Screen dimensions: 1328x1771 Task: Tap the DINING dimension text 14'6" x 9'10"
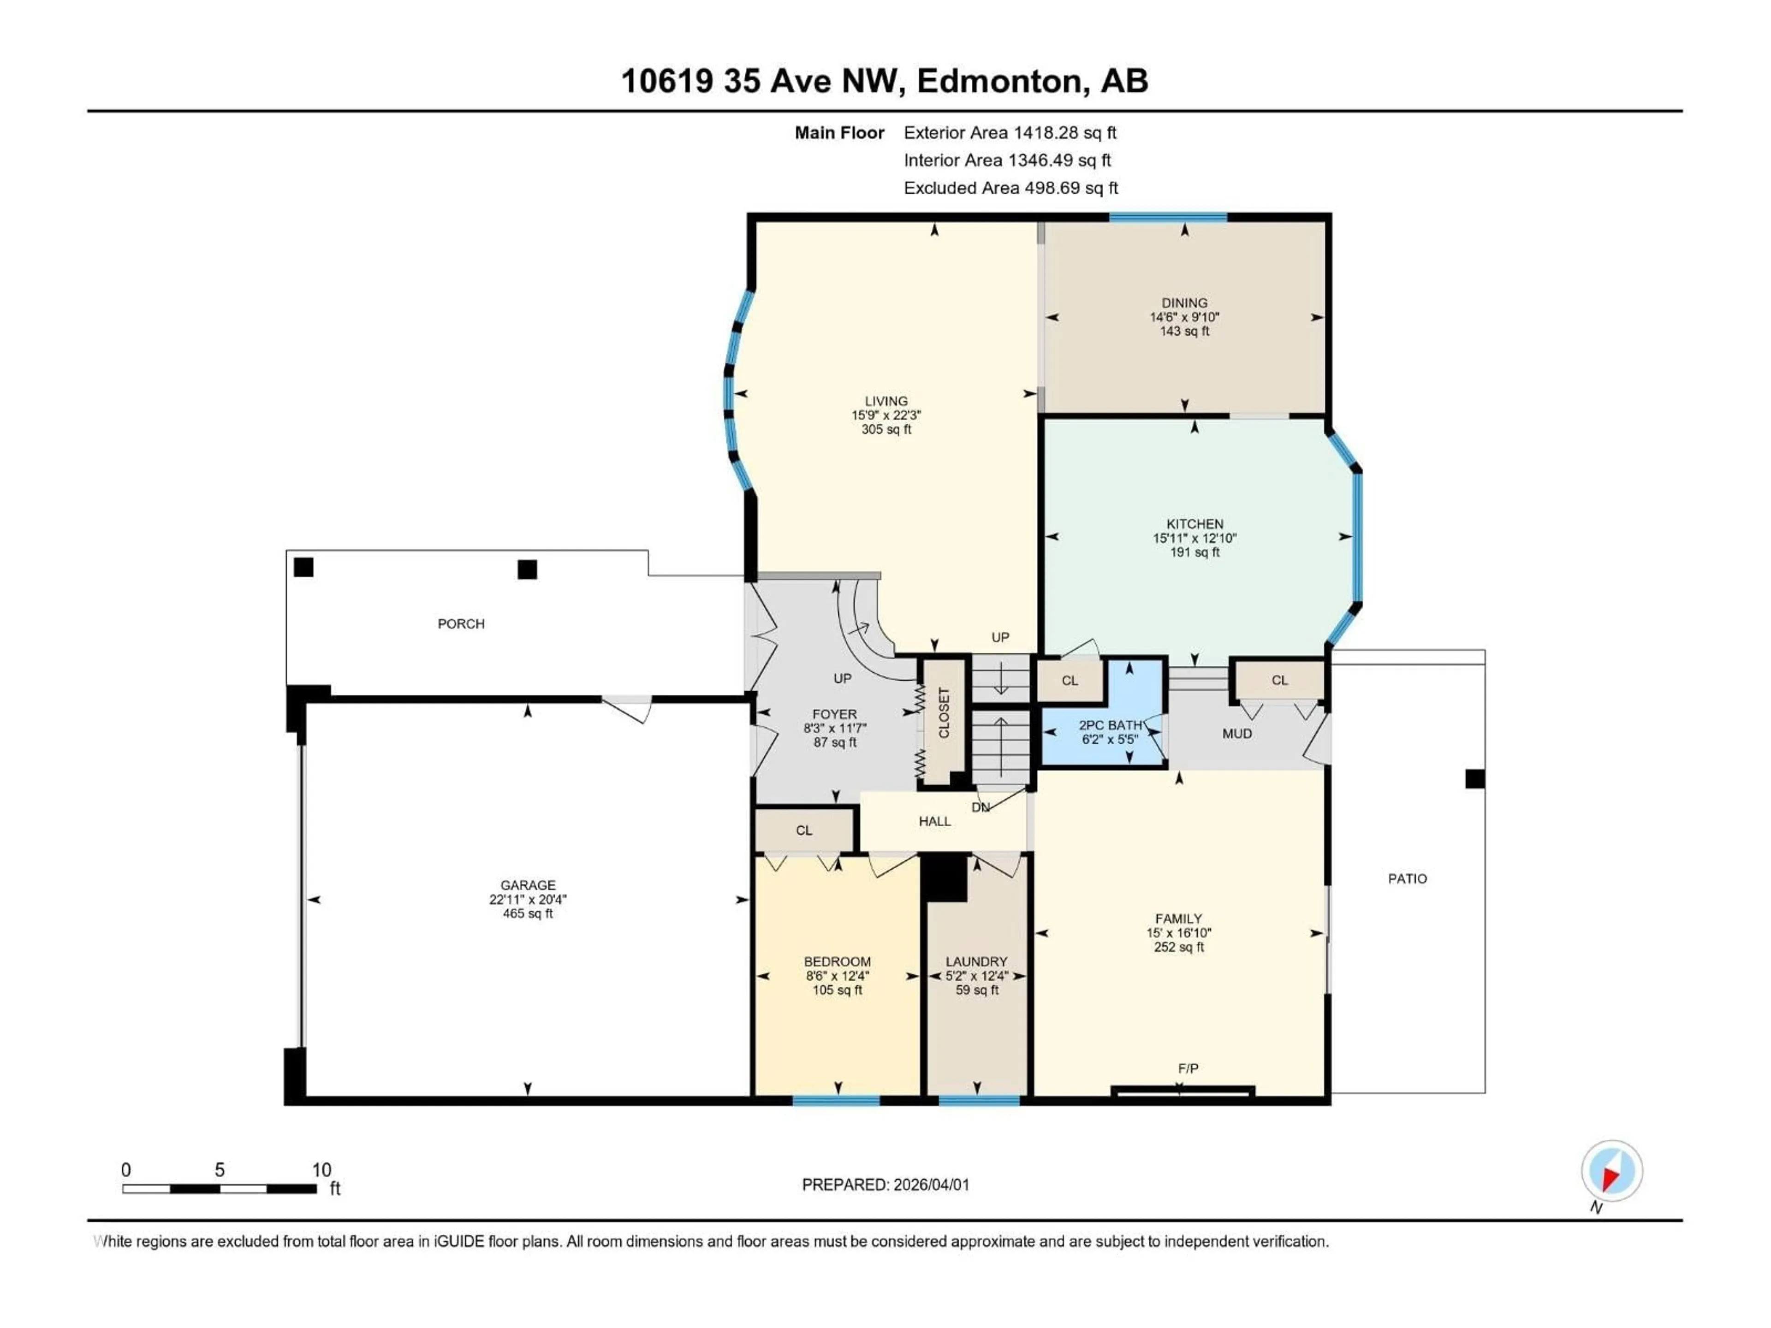(1184, 317)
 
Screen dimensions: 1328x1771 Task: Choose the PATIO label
(1407, 879)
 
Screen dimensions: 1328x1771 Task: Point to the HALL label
(934, 821)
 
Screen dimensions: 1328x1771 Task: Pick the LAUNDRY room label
(976, 961)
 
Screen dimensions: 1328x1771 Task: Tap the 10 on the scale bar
(321, 1170)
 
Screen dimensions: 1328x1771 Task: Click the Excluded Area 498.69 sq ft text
(1010, 188)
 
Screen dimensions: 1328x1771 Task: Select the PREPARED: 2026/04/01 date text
(885, 1185)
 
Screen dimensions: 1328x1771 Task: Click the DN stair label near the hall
(980, 808)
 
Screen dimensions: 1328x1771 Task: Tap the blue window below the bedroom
(836, 1101)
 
